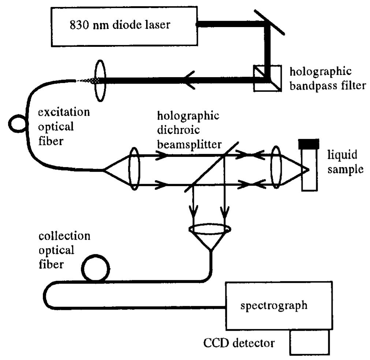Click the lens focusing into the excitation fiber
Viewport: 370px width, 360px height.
(100, 80)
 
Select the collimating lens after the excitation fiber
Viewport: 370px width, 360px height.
(134, 169)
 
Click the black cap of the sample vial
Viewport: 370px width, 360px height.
(309, 144)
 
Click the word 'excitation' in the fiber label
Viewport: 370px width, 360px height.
(64, 112)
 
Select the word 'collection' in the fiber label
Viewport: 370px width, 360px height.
(64, 236)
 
